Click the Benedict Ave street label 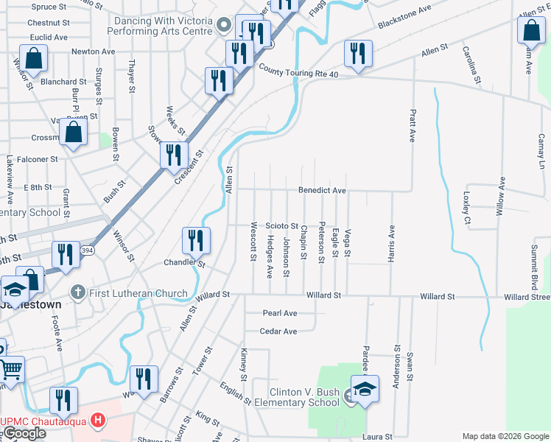pyautogui.click(x=322, y=190)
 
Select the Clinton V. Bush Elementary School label pyautogui.click(x=303, y=398)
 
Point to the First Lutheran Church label pyautogui.click(x=138, y=293)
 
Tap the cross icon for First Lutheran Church pyautogui.click(x=77, y=293)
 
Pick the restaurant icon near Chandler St pyautogui.click(x=196, y=239)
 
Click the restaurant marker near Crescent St pyautogui.click(x=173, y=155)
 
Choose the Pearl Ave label pyautogui.click(x=280, y=313)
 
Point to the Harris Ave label pyautogui.click(x=392, y=244)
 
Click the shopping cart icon pyautogui.click(x=10, y=369)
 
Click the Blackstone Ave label pyautogui.click(x=404, y=19)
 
